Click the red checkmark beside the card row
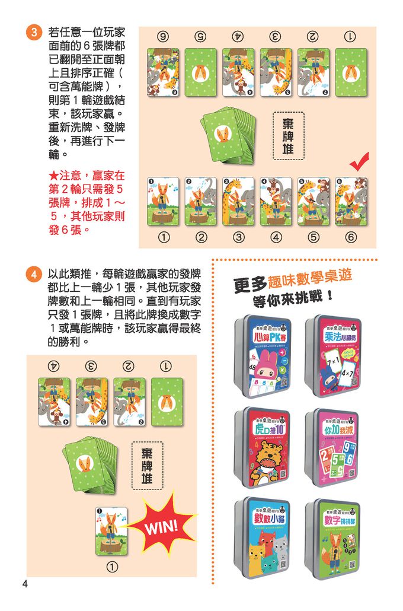point(359,161)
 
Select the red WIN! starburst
point(158,524)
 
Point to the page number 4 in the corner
point(25,584)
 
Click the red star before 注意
point(53,176)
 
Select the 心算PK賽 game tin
point(263,356)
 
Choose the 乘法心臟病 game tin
point(334,356)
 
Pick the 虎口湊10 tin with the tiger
point(263,448)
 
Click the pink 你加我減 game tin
point(334,448)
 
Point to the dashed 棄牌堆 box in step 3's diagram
point(288,135)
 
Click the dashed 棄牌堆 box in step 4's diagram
point(146,466)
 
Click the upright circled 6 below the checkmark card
point(351,238)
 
